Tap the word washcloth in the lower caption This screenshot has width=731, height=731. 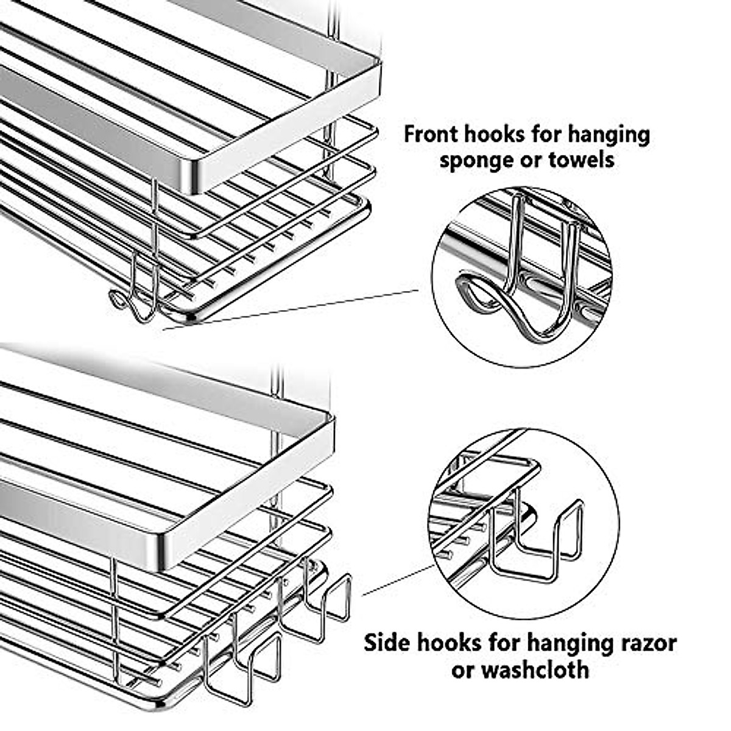[536, 669]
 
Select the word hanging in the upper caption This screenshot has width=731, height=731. [610, 135]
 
